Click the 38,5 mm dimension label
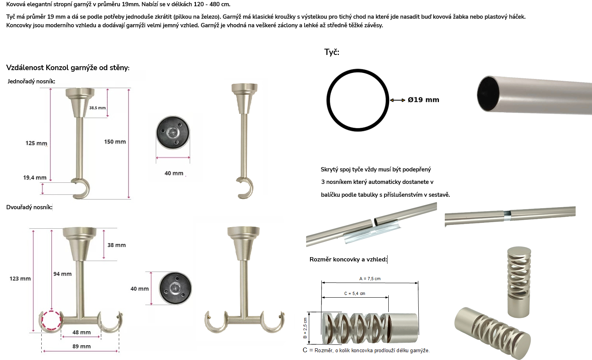97,108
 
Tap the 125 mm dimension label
36,143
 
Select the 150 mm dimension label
115,142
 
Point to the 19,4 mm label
35,178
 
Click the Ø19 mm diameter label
423,100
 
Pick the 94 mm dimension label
62,274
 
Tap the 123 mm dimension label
20,279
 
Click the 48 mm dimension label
81,332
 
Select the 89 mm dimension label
81,346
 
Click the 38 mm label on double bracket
116,245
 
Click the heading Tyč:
332,52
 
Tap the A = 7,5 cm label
370,279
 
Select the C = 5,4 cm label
355,293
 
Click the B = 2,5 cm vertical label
305,328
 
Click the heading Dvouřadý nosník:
29,207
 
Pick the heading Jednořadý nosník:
31,81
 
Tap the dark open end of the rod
488,94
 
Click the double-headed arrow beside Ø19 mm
398,100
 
